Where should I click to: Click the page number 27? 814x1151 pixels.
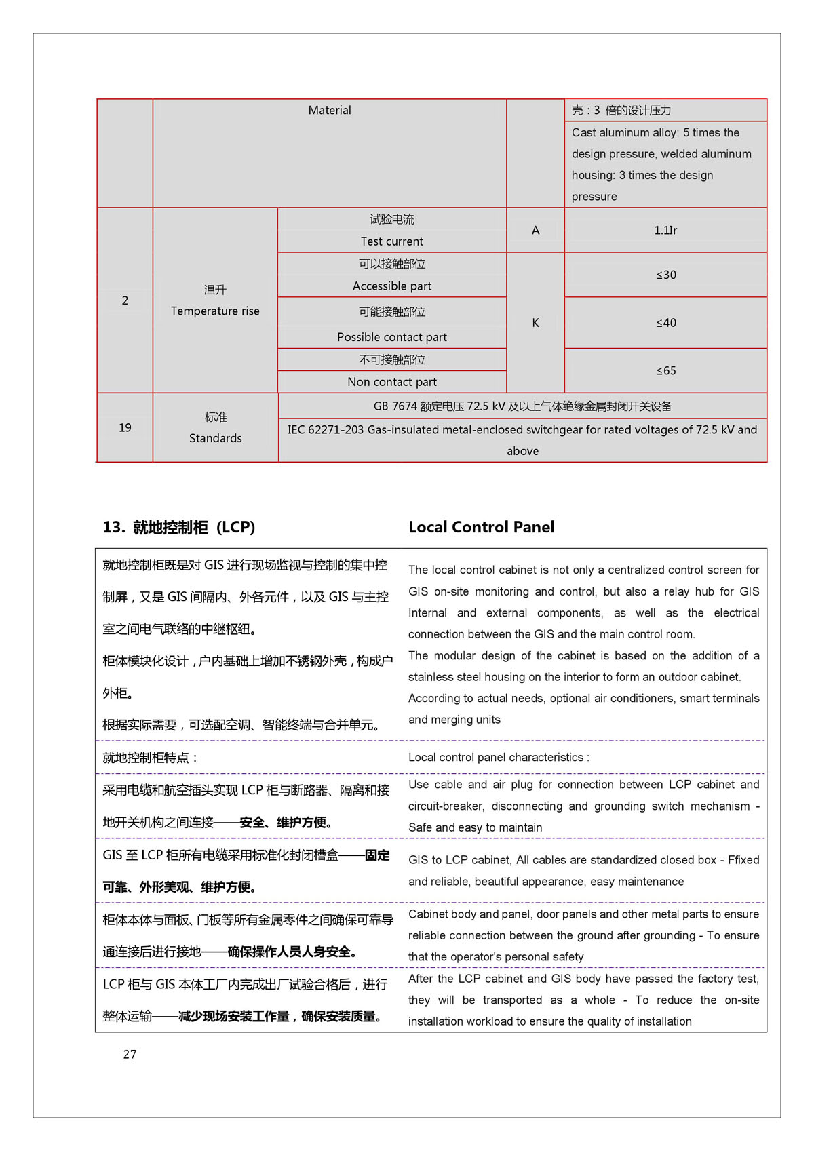(130, 1054)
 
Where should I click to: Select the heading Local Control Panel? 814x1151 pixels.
(481, 527)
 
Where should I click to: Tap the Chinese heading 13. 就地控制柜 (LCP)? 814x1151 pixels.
(179, 527)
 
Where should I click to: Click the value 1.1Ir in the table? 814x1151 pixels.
(665, 231)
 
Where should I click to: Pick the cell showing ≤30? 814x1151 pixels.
(665, 275)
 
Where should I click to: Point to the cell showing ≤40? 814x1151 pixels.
(665, 323)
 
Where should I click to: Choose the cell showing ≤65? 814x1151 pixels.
(665, 371)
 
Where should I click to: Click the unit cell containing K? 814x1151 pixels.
(535, 323)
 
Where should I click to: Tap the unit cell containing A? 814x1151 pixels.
(535, 231)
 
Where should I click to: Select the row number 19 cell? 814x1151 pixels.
(125, 428)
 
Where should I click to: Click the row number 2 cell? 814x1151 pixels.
(125, 300)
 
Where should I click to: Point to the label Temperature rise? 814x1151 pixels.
(215, 311)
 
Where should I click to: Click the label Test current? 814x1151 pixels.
(391, 241)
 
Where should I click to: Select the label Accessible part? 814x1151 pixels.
(391, 286)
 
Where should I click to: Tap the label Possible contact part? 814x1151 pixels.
(391, 337)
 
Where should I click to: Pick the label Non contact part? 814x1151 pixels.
(391, 382)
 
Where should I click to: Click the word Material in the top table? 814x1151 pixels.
(330, 111)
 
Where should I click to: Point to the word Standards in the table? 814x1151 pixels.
(215, 438)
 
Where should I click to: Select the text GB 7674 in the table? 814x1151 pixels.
(395, 406)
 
